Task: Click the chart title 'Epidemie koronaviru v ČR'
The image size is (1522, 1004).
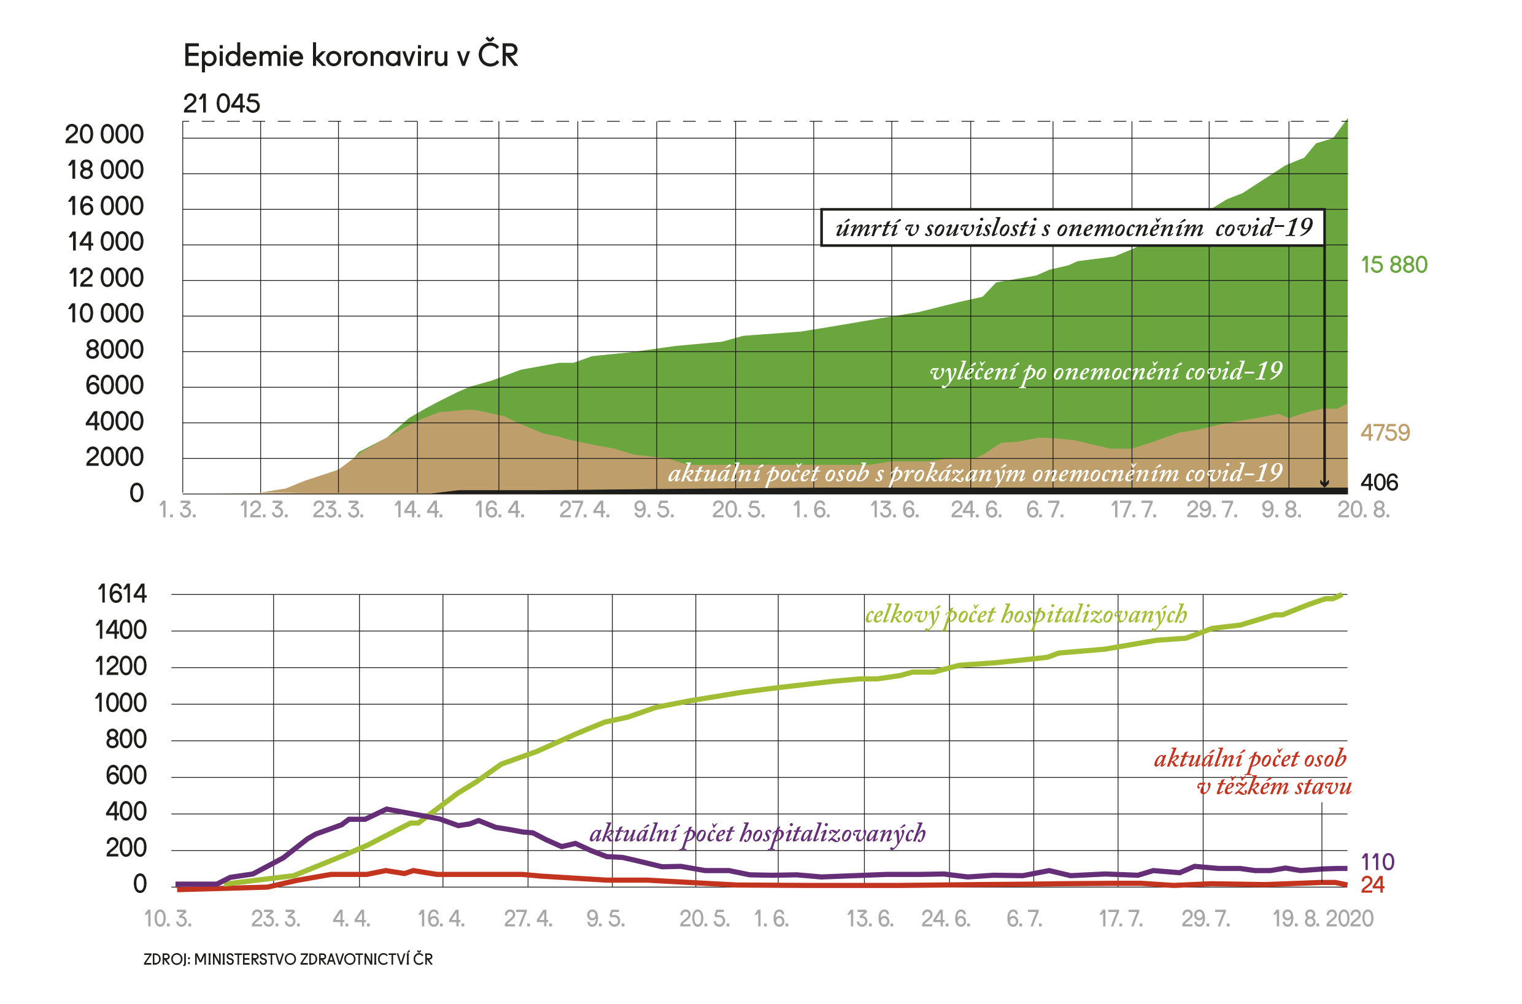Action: click(350, 56)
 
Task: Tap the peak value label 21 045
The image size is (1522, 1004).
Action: click(222, 104)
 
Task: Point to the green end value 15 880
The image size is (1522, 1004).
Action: click(1394, 265)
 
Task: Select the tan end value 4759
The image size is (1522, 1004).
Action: click(1385, 433)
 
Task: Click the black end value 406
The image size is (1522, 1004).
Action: click(1379, 483)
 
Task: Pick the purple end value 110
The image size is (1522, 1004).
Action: click(1377, 862)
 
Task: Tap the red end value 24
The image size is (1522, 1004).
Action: click(1372, 885)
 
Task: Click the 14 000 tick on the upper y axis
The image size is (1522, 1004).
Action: click(105, 242)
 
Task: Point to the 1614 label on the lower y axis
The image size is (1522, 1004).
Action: click(122, 594)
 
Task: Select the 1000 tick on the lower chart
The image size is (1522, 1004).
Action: click(120, 703)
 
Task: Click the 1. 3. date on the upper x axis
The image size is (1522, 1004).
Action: click(177, 510)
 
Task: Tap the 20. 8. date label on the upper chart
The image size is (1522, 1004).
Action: click(1363, 510)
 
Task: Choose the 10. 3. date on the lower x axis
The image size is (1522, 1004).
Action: click(168, 919)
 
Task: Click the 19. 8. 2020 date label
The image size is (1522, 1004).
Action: click(1323, 919)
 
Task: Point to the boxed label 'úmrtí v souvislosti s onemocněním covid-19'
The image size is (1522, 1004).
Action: click(1073, 228)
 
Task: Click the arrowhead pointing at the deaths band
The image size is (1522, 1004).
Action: click(1324, 483)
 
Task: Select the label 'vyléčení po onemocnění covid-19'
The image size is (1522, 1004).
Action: click(1107, 372)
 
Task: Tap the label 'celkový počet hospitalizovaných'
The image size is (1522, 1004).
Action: click(1026, 615)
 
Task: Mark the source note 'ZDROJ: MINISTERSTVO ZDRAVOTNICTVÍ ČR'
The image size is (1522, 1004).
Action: click(288, 959)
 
